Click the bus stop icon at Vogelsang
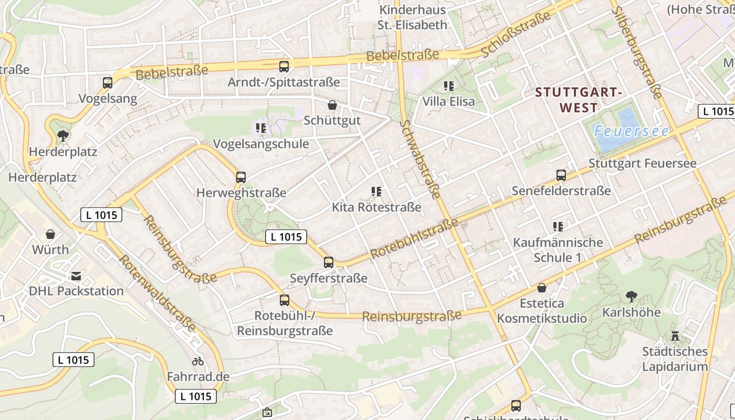[108, 82]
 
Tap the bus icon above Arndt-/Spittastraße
[284, 66]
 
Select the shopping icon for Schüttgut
[332, 105]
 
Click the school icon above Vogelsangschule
[261, 128]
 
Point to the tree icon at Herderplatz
[63, 136]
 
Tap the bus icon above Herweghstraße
[241, 177]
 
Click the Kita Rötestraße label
[376, 207]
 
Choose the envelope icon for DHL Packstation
[76, 276]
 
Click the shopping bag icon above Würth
[50, 234]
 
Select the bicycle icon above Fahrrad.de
[198, 361]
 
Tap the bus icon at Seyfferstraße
[329, 262]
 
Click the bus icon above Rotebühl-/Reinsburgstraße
[285, 300]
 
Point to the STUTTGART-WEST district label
[579, 100]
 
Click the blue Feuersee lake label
[632, 131]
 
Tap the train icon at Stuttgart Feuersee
[561, 175]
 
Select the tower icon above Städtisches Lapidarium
[675, 335]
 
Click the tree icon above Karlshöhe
[632, 297]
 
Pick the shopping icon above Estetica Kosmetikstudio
[542, 288]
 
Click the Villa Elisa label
[448, 101]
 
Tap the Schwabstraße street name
[420, 159]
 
